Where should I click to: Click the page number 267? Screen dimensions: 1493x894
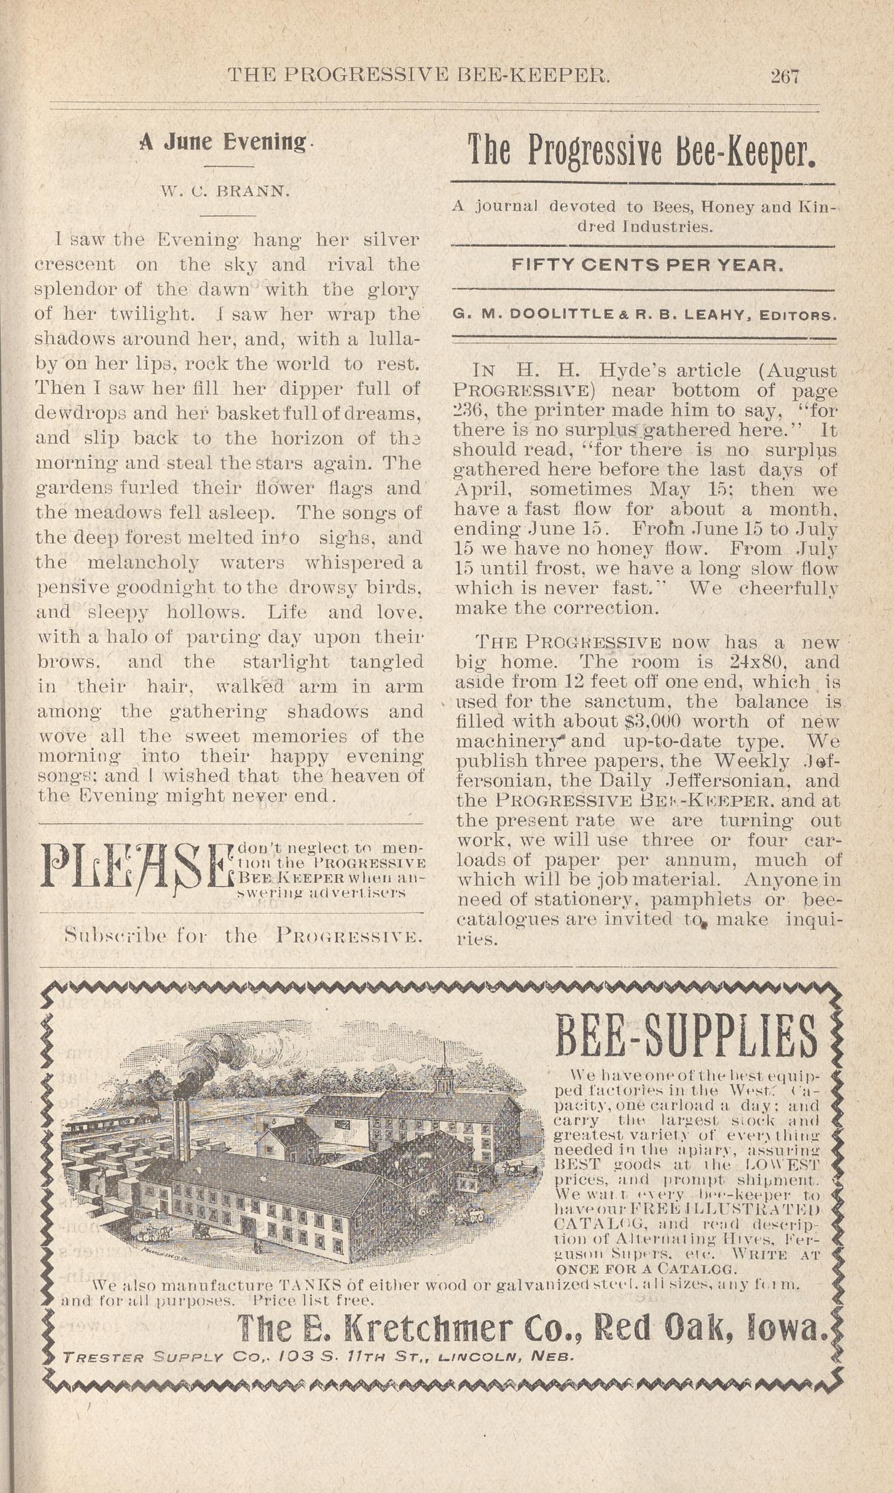[x=784, y=76]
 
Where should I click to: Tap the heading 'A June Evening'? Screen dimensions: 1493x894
[x=223, y=142]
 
